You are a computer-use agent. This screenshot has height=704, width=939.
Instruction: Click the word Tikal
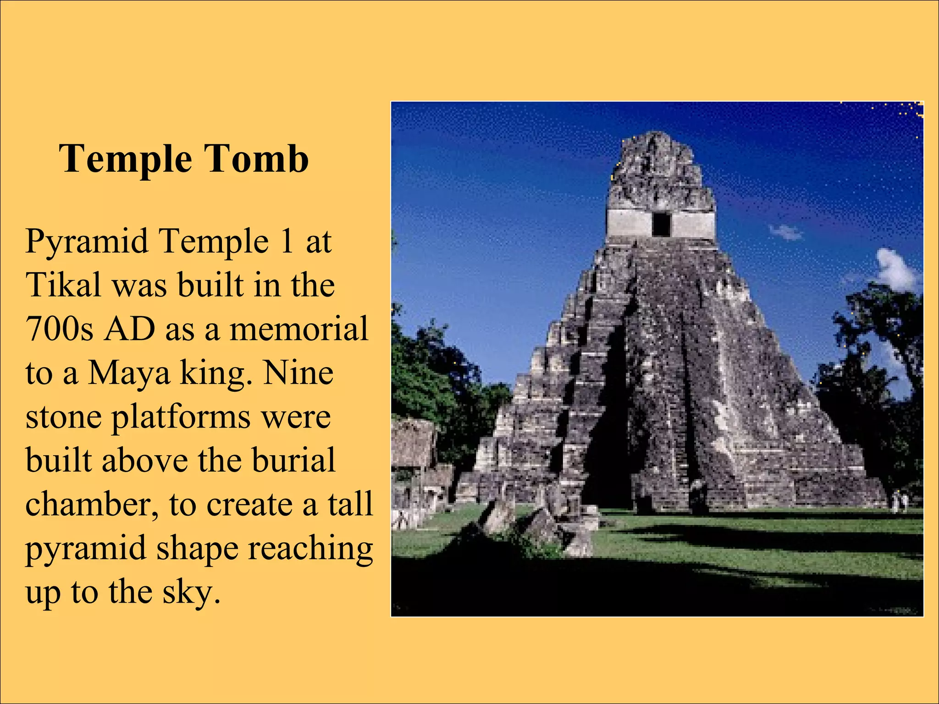pyautogui.click(x=63, y=285)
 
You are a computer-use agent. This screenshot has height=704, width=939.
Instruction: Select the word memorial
pyautogui.click(x=298, y=329)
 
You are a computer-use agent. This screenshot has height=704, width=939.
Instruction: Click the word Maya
pyautogui.click(x=128, y=374)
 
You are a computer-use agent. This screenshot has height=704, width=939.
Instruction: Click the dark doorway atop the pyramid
pyautogui.click(x=661, y=225)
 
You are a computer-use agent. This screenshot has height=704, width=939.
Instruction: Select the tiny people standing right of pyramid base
pyautogui.click(x=899, y=502)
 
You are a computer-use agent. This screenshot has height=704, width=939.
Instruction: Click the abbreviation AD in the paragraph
pyautogui.click(x=129, y=329)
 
